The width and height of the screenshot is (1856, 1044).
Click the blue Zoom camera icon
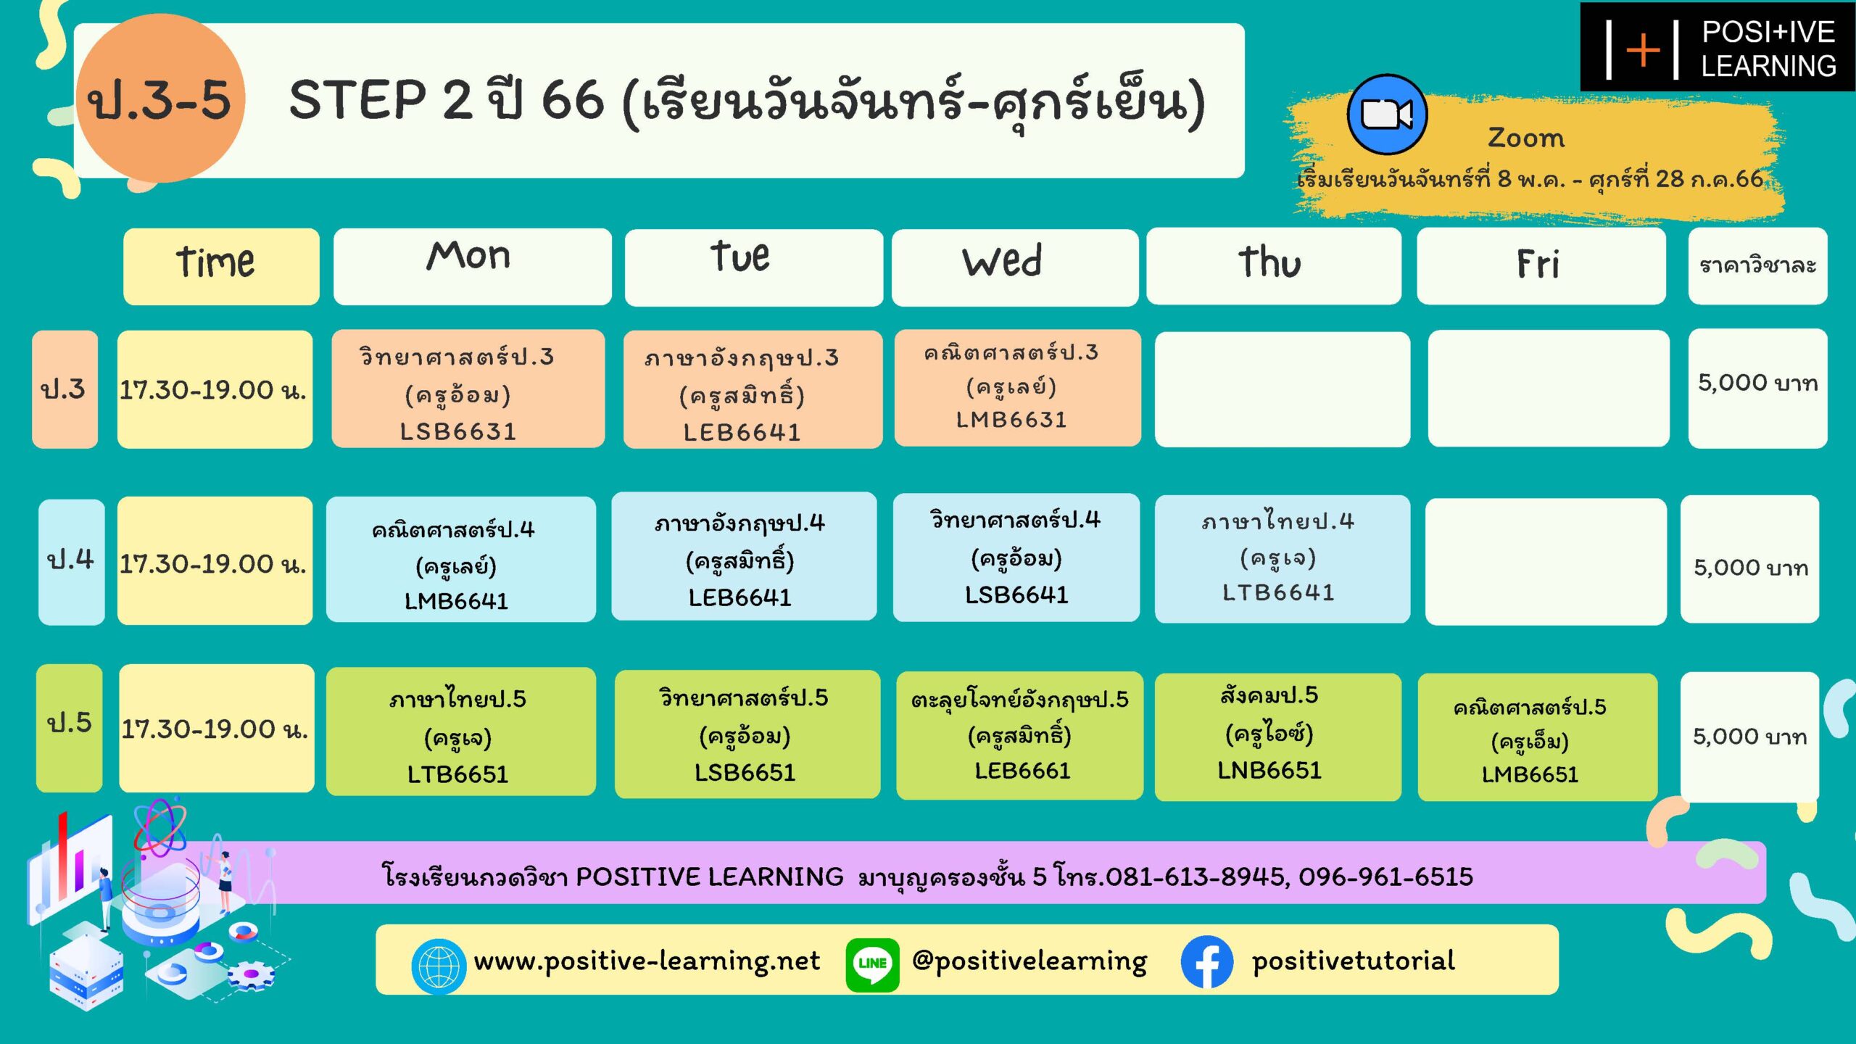point(1387,115)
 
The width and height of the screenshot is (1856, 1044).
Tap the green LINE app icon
point(872,964)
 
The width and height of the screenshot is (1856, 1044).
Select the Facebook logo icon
point(1206,962)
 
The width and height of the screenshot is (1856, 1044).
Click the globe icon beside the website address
point(438,966)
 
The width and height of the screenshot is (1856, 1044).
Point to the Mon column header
point(472,267)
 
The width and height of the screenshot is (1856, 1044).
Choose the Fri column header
point(1541,266)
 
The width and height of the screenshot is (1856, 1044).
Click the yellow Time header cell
point(221,267)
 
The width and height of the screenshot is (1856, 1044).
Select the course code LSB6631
point(458,431)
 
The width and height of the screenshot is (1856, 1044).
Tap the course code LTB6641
point(1278,592)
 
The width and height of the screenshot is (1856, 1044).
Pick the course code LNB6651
point(1269,770)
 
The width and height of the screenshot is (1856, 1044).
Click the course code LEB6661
point(1022,771)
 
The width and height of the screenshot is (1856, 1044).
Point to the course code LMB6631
point(1011,419)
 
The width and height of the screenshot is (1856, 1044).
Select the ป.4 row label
point(71,561)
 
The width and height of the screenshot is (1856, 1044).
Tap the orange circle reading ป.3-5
point(160,98)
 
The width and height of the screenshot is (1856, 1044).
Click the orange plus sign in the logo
point(1642,50)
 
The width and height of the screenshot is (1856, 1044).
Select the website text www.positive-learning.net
point(647,961)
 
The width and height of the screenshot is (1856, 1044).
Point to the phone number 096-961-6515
point(1385,877)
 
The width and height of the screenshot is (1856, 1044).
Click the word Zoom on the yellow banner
point(1526,138)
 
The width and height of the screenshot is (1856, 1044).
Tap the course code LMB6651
point(1530,774)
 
